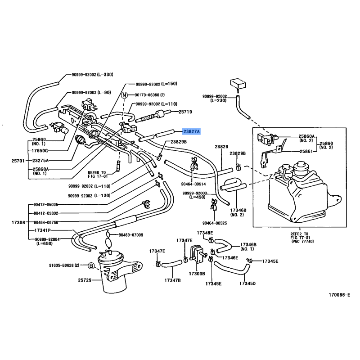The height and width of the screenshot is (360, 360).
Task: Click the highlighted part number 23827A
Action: [192, 132]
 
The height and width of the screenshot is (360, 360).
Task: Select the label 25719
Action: [185, 112]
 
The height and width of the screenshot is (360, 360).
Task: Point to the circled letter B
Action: [91, 266]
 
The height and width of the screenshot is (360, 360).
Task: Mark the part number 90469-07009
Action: [130, 235]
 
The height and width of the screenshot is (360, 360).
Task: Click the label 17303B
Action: [197, 273]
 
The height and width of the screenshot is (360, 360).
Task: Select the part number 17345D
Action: [247, 283]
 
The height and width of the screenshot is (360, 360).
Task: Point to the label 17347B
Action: [172, 281]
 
